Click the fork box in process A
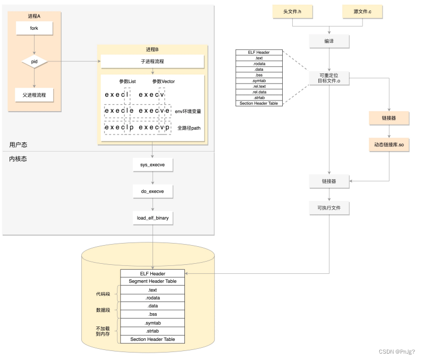34,28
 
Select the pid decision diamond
34,62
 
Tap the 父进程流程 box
34,95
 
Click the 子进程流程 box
153,62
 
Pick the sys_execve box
153,165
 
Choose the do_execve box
153,191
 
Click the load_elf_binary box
153,218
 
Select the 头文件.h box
292,12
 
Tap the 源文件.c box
362,12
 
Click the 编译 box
329,41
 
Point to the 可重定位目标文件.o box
329,78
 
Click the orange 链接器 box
389,118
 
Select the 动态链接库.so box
389,145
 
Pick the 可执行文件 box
329,208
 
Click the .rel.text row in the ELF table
259,86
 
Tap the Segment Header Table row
153,281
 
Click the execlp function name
119,128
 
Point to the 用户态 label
18,145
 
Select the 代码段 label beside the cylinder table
103,294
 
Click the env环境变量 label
188,112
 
